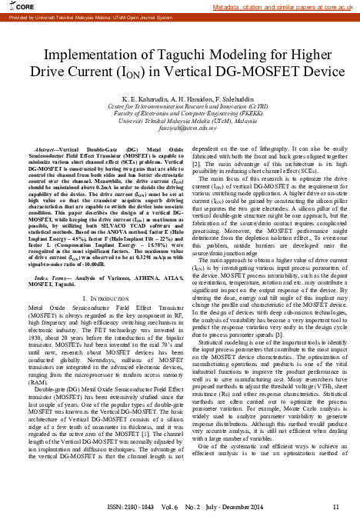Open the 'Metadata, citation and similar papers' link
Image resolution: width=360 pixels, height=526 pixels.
pos(277,6)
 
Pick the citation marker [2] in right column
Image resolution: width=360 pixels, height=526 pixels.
pos(195,164)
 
